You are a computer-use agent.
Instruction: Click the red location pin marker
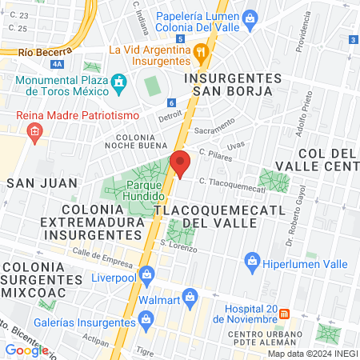pyautogui.click(x=180, y=162)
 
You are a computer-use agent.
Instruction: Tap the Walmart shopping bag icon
pyautogui.click(x=190, y=297)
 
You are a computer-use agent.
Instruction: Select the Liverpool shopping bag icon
pyautogui.click(x=146, y=275)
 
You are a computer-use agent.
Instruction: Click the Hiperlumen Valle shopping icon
pyautogui.click(x=253, y=260)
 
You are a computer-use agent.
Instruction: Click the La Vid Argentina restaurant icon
pyautogui.click(x=202, y=50)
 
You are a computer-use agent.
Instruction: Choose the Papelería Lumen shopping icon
pyautogui.click(x=250, y=17)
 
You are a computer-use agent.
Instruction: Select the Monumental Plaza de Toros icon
pyautogui.click(x=119, y=82)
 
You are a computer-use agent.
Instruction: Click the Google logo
pyautogui.click(x=26, y=350)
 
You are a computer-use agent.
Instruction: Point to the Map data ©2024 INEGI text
pyautogui.click(x=311, y=354)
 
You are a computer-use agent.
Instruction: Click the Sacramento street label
pyautogui.click(x=214, y=129)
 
